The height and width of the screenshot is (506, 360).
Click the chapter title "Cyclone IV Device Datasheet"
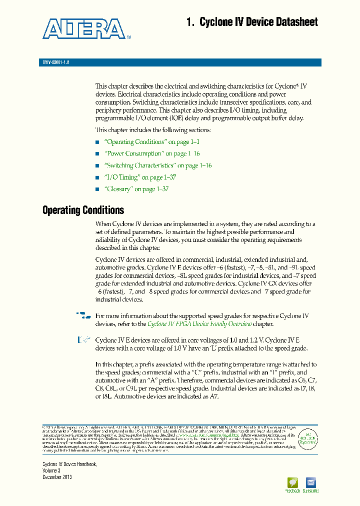[252, 22]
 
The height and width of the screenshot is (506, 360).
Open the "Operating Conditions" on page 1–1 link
[152, 142]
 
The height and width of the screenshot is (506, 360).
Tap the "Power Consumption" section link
[152, 153]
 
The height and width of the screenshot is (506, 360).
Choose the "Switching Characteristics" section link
[158, 165]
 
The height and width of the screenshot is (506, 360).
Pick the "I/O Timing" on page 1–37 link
[140, 177]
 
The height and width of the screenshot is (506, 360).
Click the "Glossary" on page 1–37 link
[136, 189]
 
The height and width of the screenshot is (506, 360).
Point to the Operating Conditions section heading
[83, 210]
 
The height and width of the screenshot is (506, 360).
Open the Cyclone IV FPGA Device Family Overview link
[199, 324]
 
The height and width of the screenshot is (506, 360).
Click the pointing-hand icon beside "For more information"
[84, 315]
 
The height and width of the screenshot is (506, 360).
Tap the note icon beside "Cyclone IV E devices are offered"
[83, 340]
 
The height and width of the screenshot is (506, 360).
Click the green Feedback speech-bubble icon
[292, 483]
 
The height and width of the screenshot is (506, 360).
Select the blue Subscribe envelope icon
[310, 483]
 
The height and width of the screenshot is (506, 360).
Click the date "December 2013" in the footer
[57, 477]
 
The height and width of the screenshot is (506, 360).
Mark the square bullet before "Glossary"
[97, 189]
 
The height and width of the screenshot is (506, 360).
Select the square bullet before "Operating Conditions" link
[97, 142]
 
